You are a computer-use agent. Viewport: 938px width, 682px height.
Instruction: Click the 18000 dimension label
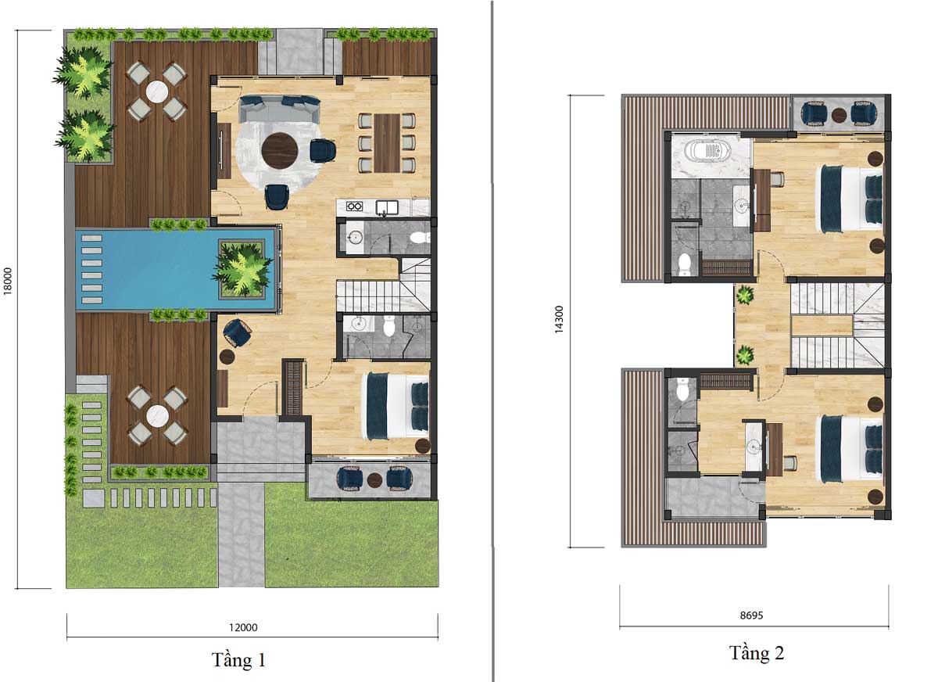(x=8, y=281)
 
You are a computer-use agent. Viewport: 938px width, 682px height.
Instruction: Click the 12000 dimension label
(x=243, y=627)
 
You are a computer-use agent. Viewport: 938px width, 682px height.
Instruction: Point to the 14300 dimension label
(x=559, y=319)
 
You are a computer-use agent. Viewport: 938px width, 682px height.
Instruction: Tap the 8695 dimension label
(x=752, y=615)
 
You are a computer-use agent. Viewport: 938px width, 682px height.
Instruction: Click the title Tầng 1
(x=238, y=660)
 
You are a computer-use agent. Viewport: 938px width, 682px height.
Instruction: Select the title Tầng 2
(x=757, y=653)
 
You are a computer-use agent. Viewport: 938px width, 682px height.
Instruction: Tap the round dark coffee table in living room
(x=280, y=150)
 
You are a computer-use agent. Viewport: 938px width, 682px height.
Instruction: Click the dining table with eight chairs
(x=387, y=143)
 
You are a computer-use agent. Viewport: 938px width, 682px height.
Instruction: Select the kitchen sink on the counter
(x=387, y=207)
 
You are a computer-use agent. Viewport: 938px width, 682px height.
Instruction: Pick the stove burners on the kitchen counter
(x=354, y=206)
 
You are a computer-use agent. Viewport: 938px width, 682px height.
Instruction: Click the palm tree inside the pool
(x=243, y=269)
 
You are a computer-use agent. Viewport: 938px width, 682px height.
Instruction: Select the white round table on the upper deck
(x=157, y=92)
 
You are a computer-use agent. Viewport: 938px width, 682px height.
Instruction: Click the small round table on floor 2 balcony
(x=839, y=115)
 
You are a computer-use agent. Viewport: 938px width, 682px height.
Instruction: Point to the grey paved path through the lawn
(x=242, y=534)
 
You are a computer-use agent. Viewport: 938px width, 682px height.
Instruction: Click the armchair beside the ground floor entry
(x=238, y=333)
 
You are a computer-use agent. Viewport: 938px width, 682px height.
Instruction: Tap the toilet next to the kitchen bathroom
(x=420, y=238)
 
